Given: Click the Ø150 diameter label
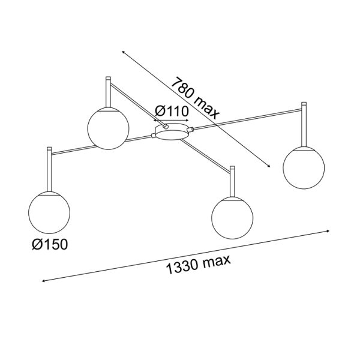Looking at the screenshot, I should (x=50, y=244).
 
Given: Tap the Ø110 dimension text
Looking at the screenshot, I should (x=172, y=112).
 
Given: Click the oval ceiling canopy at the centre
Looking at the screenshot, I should (x=171, y=131).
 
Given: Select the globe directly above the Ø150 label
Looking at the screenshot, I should (x=49, y=212).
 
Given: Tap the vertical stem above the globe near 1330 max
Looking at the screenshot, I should (x=232, y=181).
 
